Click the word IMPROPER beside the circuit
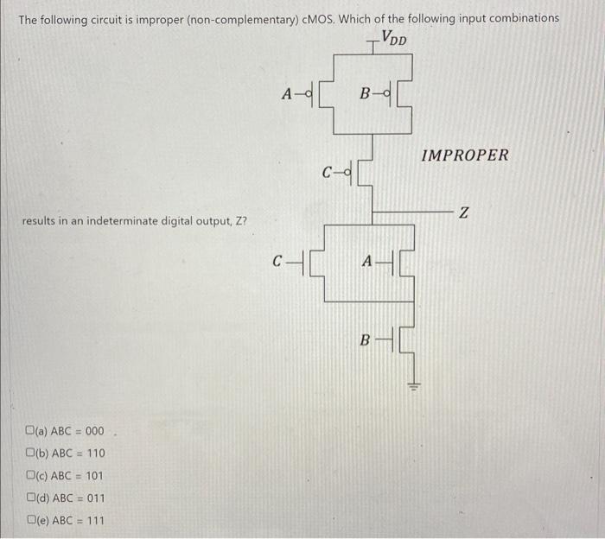pyautogui.click(x=465, y=155)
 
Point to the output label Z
pyautogui.click(x=464, y=213)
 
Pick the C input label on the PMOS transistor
pyautogui.click(x=327, y=171)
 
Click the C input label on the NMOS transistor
pyautogui.click(x=277, y=259)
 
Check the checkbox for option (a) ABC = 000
pyautogui.click(x=30, y=431)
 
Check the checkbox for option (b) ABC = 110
pyautogui.click(x=30, y=453)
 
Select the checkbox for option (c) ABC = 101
pyautogui.click(x=30, y=476)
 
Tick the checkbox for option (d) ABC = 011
pyautogui.click(x=30, y=498)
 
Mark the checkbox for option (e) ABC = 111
pyautogui.click(x=30, y=520)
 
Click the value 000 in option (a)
pyautogui.click(x=94, y=431)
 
